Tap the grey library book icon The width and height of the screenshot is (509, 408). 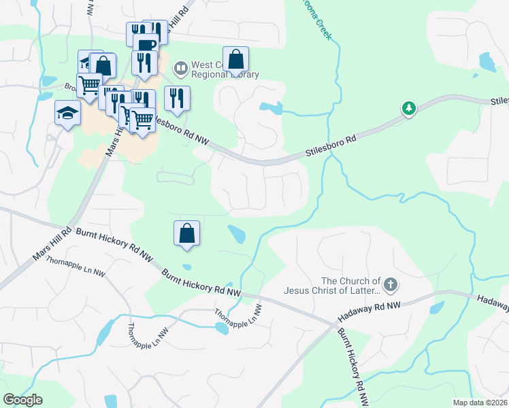pos(180,67)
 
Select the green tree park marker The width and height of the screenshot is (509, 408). pos(408,108)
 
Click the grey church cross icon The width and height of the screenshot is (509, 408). pos(390,284)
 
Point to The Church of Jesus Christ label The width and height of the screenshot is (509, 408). pos(350,286)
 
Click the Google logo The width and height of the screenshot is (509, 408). pos(23,400)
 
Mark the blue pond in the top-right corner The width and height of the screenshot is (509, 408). pos(487,63)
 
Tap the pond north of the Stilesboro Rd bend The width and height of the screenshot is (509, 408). pos(270,107)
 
